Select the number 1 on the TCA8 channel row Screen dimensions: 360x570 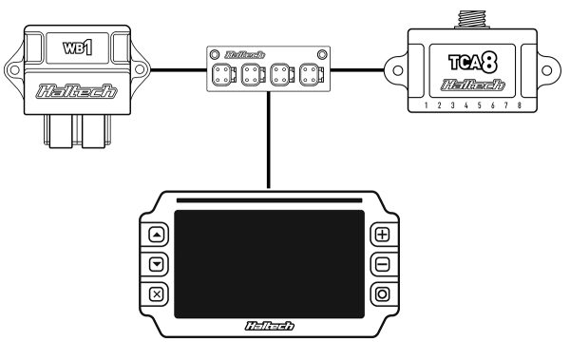tap(427, 106)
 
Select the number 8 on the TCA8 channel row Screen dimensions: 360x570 tap(519, 106)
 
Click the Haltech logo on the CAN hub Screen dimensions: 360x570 tap(269, 55)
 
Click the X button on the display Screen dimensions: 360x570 tap(157, 294)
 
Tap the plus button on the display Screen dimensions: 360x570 tap(382, 234)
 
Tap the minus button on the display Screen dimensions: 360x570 tap(382, 263)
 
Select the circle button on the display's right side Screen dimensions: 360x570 tap(382, 294)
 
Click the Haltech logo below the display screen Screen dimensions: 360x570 tap(269, 327)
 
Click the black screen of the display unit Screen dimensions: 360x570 tap(269, 263)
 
